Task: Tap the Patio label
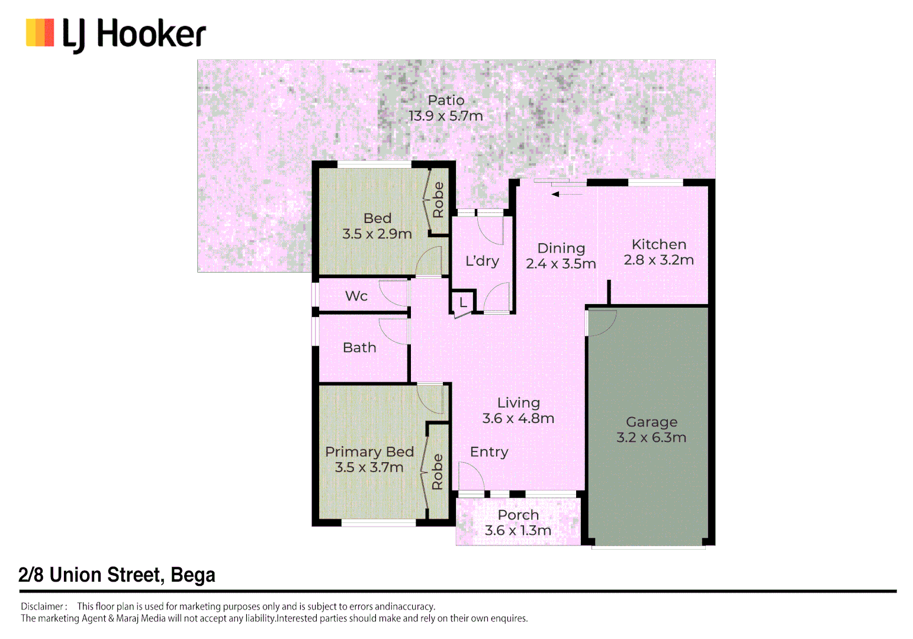click(446, 100)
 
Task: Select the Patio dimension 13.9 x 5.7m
click(446, 116)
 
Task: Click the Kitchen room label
click(658, 244)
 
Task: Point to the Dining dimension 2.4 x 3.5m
click(561, 264)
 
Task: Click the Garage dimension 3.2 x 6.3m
click(651, 437)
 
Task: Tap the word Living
click(519, 403)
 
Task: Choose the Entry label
click(489, 452)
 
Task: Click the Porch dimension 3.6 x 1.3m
click(518, 530)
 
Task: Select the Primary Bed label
click(369, 452)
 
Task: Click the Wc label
click(356, 296)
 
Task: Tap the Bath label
click(359, 347)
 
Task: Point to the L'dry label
click(482, 261)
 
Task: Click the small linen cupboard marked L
click(463, 302)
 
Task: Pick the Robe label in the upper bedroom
click(438, 200)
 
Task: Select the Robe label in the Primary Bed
click(437, 472)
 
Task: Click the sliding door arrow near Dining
click(567, 194)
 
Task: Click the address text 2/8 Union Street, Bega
click(117, 575)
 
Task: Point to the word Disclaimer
click(42, 606)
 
